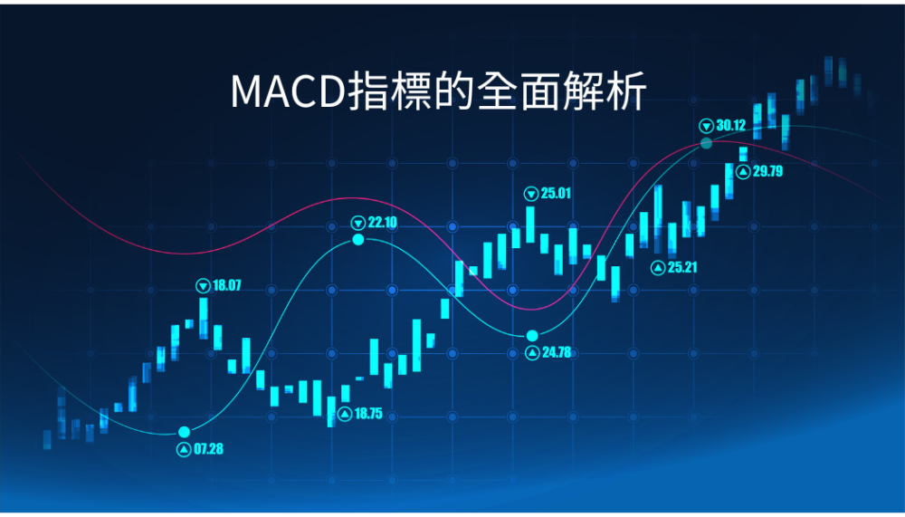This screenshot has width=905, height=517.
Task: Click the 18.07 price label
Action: coord(227,285)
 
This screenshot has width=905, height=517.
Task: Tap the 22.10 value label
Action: coord(382,223)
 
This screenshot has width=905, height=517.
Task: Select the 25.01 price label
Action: coord(556,194)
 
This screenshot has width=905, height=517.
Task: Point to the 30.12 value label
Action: coord(730,125)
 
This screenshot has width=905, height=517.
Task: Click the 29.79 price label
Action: coord(767,171)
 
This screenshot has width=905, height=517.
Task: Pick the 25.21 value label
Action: coord(682,267)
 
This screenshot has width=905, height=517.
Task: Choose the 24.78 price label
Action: coord(557,352)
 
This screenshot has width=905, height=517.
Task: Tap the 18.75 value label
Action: coord(368,414)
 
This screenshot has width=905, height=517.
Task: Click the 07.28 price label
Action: coord(208,449)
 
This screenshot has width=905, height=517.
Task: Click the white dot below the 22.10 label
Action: coord(358,239)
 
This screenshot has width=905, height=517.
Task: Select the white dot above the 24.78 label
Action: coord(532,336)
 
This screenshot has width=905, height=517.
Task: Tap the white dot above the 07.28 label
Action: coord(184,432)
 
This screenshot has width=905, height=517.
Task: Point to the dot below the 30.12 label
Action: coord(706,143)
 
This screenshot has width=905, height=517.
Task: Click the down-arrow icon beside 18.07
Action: coord(203,285)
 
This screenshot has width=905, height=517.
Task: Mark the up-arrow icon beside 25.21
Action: coord(658,267)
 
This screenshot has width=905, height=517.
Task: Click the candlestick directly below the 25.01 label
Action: coord(530,225)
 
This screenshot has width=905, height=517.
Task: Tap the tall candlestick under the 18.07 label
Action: coord(203,318)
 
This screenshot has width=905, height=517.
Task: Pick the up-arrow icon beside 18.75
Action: coord(345,414)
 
